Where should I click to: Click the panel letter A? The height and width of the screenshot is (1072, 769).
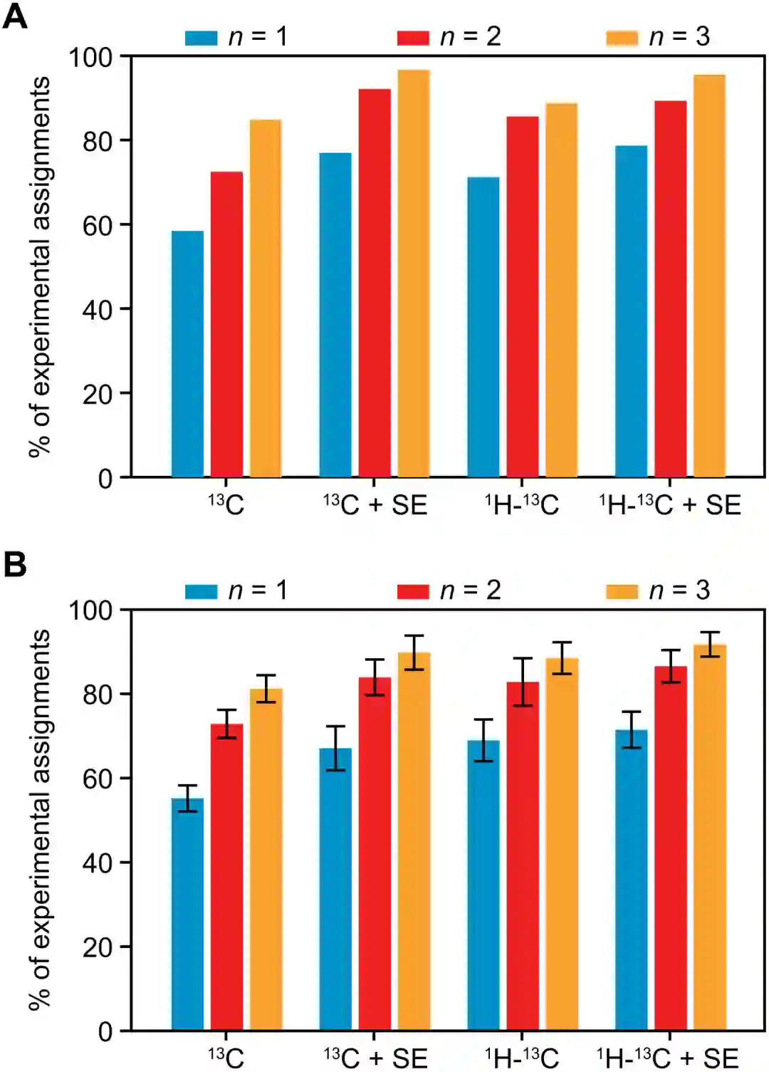point(15,16)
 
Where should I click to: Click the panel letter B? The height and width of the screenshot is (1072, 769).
point(15,565)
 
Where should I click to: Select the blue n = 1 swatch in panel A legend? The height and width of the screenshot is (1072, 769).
point(201,38)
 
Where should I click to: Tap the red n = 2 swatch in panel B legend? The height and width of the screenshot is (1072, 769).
point(413,591)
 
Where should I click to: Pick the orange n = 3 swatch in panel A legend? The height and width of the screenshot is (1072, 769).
point(622,38)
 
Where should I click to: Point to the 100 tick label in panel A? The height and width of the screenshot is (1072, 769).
point(90,57)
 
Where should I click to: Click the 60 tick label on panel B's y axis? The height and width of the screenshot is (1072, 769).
point(98,779)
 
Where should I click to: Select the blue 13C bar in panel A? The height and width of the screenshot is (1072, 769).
point(187,354)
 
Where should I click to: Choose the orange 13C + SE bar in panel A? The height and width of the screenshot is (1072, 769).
point(414,274)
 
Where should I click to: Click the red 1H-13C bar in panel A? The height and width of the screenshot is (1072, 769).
point(523,296)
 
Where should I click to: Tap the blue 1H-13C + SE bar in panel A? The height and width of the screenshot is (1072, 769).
point(632,311)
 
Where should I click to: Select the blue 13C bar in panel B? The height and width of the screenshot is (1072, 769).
point(187,915)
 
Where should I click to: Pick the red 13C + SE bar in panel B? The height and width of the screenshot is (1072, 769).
point(375,854)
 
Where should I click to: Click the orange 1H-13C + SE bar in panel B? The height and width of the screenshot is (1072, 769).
point(709,838)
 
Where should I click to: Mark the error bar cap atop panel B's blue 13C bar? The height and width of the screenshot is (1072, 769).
point(187,786)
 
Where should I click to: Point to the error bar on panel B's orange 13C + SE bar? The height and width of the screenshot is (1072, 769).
point(414,652)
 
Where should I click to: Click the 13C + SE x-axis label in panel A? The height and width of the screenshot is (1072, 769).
point(375,505)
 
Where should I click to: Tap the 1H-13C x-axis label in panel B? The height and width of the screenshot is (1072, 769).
point(522,1058)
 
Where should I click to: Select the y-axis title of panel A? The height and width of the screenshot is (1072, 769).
point(40,266)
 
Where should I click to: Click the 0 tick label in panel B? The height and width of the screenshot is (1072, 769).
point(105,1031)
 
